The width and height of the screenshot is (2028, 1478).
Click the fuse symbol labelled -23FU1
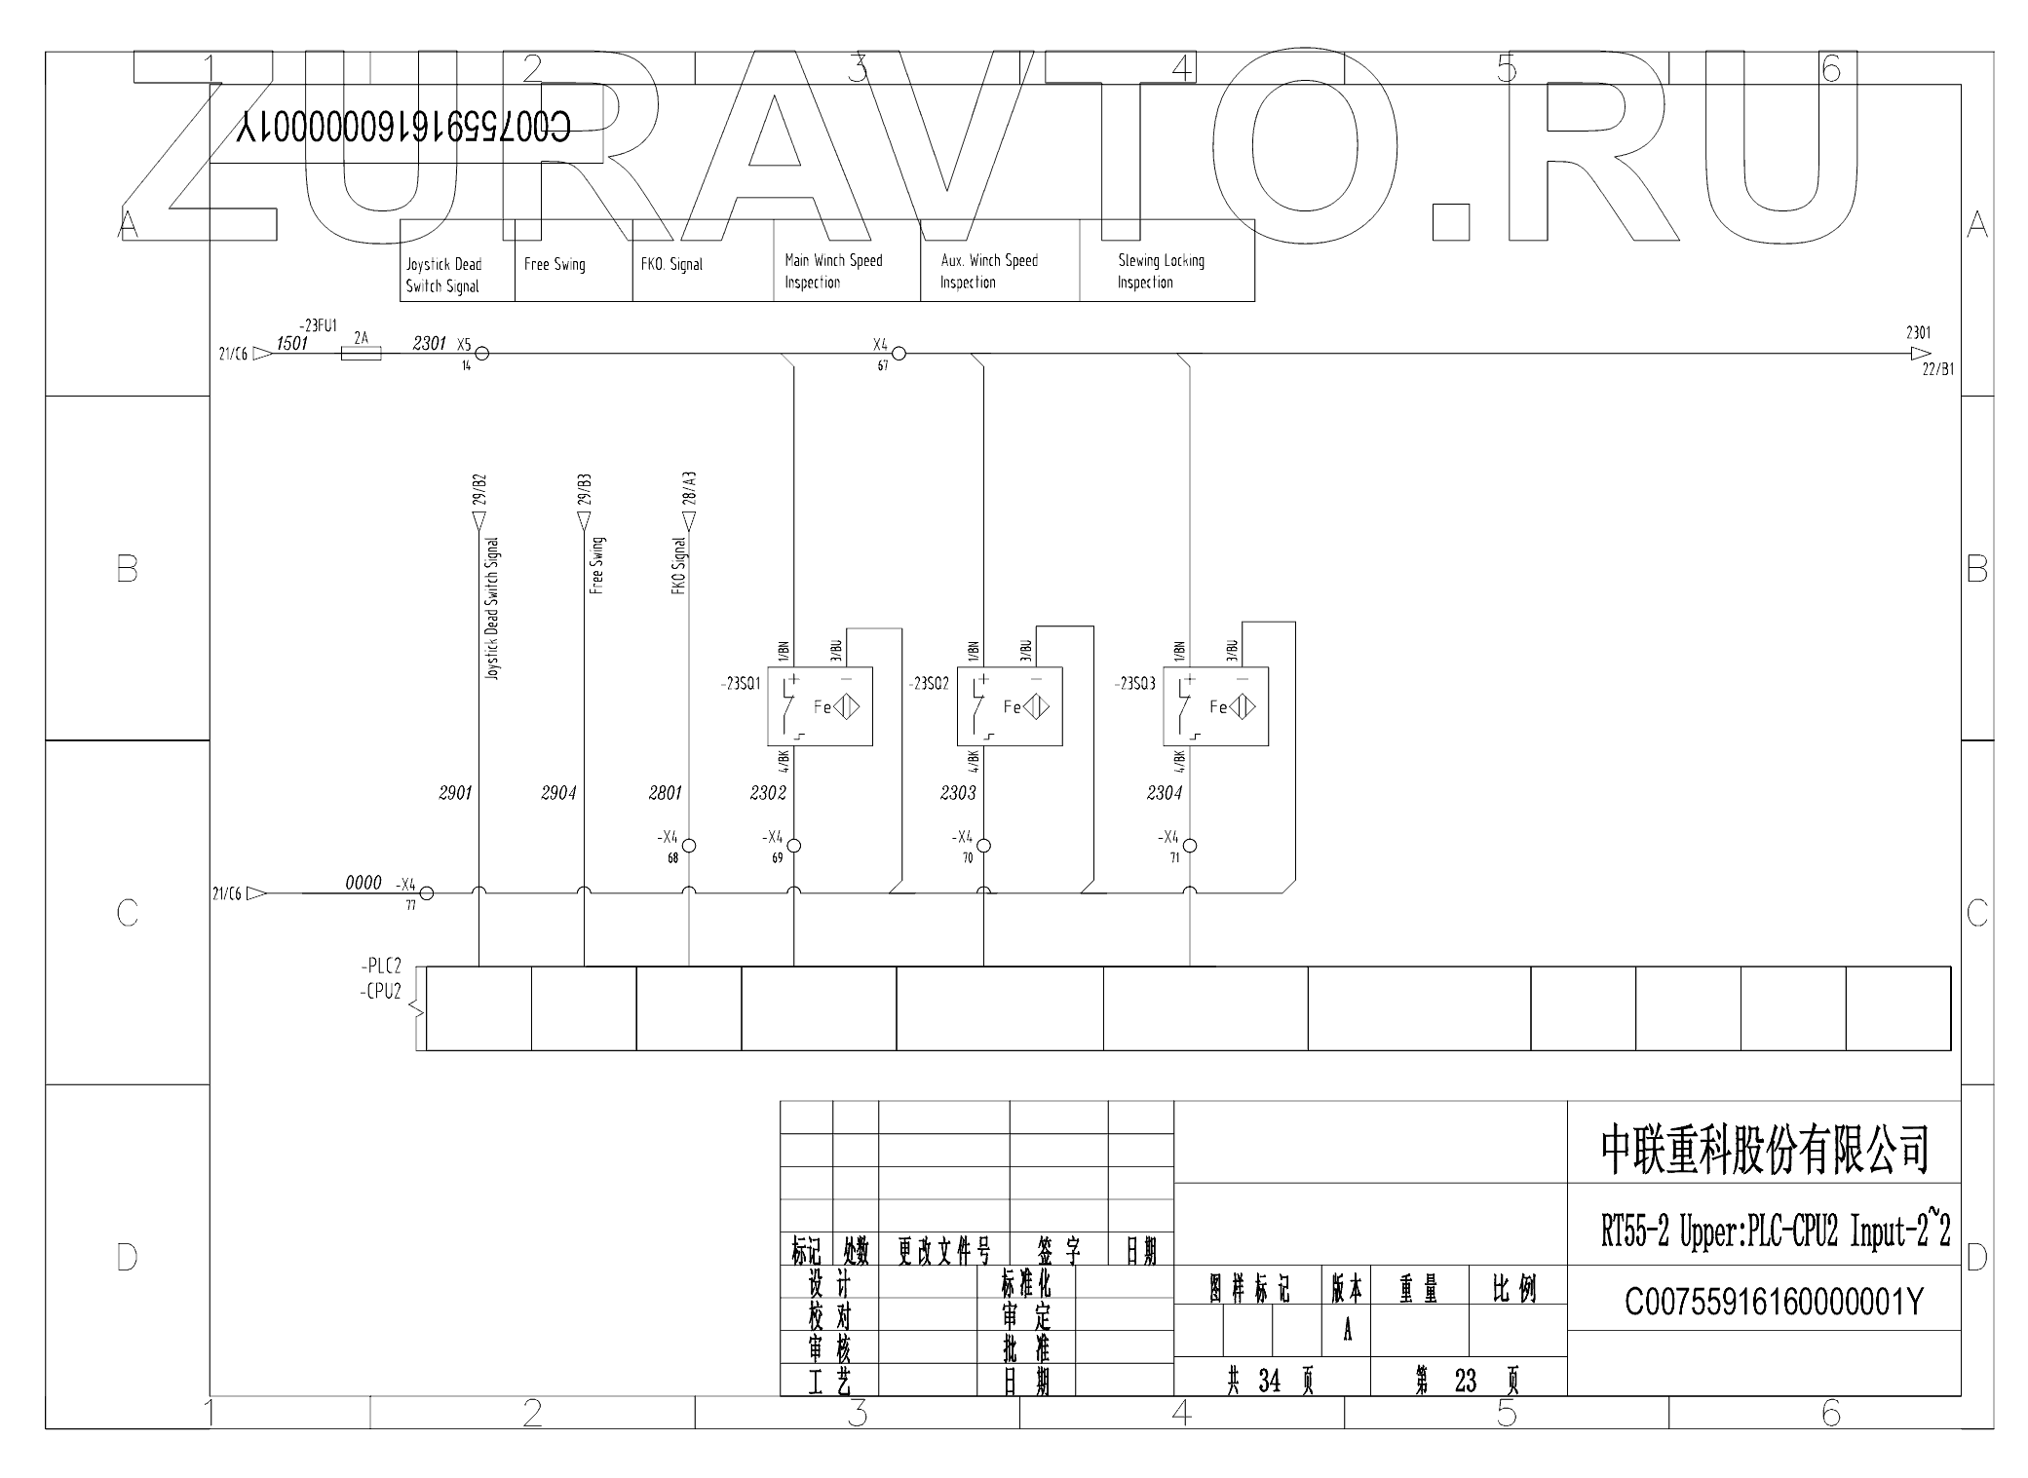pyautogui.click(x=361, y=354)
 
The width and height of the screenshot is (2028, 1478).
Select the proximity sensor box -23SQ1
pyautogui.click(x=820, y=706)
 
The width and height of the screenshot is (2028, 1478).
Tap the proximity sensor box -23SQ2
pyautogui.click(x=1010, y=706)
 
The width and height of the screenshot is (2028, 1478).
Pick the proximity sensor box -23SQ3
pyautogui.click(x=1215, y=706)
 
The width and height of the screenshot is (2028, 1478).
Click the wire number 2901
pyautogui.click(x=455, y=793)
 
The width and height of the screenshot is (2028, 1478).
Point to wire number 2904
pyautogui.click(x=558, y=793)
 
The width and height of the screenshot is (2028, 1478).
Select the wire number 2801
pyautogui.click(x=666, y=793)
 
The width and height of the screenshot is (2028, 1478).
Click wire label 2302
pyautogui.click(x=768, y=793)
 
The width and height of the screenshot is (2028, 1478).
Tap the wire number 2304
pyautogui.click(x=1165, y=793)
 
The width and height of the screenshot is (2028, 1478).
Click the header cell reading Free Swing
pyautogui.click(x=573, y=264)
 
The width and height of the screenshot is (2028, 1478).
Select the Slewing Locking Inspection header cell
pyautogui.click(x=1166, y=272)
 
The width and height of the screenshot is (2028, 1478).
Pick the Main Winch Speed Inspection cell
pyautogui.click(x=846, y=272)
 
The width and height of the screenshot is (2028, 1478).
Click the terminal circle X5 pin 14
pyautogui.click(x=481, y=354)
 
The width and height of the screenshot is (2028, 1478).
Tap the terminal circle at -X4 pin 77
pyautogui.click(x=426, y=892)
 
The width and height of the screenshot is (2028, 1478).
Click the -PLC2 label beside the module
pyautogui.click(x=381, y=967)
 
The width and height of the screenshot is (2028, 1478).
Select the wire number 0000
pyautogui.click(x=364, y=883)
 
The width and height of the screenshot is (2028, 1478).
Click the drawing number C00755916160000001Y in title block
pyautogui.click(x=1774, y=1302)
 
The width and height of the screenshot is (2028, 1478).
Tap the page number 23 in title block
pyautogui.click(x=1466, y=1381)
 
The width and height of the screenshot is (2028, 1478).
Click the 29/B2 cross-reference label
pyautogui.click(x=479, y=492)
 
